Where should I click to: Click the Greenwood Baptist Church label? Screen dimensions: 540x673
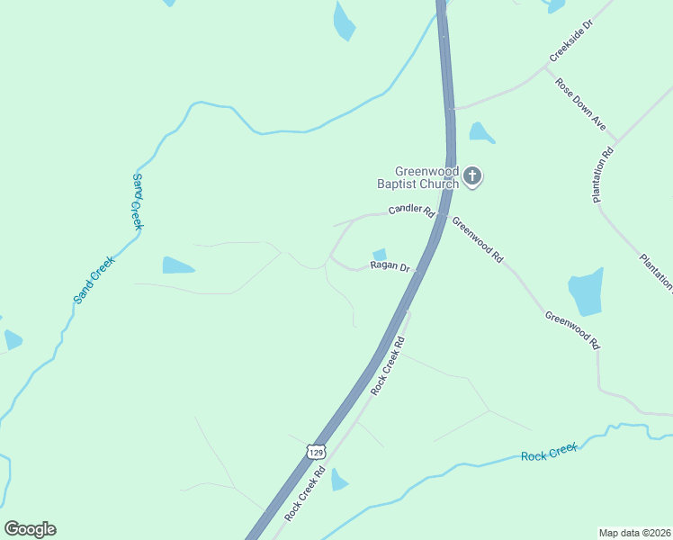[426, 177]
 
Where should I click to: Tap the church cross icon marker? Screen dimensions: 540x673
[473, 177]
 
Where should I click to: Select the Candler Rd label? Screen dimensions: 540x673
[411, 212]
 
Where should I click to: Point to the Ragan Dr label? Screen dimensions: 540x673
[390, 267]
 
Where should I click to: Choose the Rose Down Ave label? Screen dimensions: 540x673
[580, 104]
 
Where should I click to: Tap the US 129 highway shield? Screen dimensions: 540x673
[315, 450]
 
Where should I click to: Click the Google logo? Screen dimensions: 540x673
[30, 529]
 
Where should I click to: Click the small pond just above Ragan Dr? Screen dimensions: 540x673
[380, 256]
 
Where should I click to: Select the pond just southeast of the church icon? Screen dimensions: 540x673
[480, 133]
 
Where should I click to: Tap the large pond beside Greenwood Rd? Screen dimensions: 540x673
[586, 292]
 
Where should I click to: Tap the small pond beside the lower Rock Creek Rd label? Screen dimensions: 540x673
[338, 481]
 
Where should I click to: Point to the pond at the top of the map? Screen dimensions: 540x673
[344, 22]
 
